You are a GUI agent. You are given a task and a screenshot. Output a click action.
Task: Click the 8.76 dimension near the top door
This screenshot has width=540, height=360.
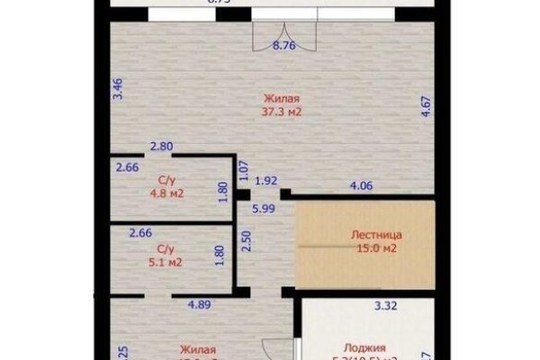pyautogui.click(x=283, y=45)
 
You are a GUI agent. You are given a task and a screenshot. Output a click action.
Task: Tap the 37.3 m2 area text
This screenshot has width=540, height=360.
pyautogui.click(x=282, y=112)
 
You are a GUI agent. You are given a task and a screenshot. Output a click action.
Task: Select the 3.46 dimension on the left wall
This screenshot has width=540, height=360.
pyautogui.click(x=117, y=88)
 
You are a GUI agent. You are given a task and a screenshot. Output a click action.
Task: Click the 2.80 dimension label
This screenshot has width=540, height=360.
pyautogui.click(x=161, y=147)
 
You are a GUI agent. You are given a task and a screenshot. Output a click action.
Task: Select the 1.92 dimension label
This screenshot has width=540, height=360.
pyautogui.click(x=265, y=180)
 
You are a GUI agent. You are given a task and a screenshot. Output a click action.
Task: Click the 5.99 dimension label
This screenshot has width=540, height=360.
pyautogui.click(x=264, y=209)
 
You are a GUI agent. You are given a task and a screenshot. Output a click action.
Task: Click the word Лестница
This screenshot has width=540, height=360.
pyautogui.click(x=376, y=235)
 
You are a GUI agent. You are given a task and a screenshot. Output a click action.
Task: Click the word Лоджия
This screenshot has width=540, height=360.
pyautogui.click(x=364, y=347)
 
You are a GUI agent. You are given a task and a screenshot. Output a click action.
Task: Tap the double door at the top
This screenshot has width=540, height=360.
pyautogui.click(x=283, y=32)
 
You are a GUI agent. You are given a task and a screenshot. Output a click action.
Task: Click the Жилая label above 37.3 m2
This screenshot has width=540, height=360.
pyautogui.click(x=282, y=98)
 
